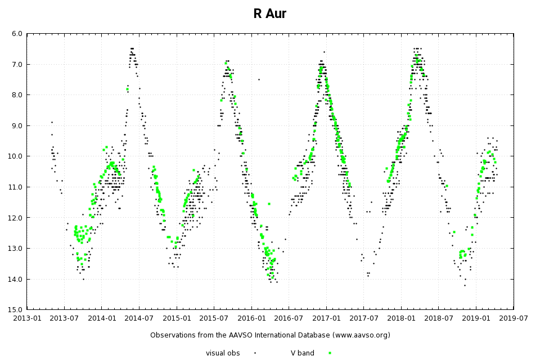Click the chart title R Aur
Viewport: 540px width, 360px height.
[x=269, y=14]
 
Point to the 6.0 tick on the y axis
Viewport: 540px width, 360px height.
[x=17, y=34]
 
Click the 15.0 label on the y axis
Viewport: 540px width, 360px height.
[x=17, y=309]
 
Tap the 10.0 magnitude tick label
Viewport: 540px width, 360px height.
[x=17, y=156]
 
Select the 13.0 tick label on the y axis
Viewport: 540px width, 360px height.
[x=17, y=248]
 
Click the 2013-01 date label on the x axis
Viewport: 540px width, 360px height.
[x=27, y=318]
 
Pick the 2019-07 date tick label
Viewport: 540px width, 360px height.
[x=513, y=318]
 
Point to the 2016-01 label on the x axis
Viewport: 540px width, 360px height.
[x=251, y=318]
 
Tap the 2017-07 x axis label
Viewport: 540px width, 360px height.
[x=363, y=318]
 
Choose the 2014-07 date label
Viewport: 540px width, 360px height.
[x=139, y=318]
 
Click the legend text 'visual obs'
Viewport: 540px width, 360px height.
[x=223, y=353]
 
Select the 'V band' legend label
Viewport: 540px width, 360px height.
[x=302, y=353]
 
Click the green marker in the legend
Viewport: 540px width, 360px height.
[x=330, y=353]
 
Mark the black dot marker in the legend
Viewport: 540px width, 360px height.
[x=255, y=353]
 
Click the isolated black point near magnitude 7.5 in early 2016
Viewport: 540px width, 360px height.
[x=259, y=79]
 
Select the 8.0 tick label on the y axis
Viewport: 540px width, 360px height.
[x=17, y=95]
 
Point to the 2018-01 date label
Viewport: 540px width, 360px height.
[x=401, y=318]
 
